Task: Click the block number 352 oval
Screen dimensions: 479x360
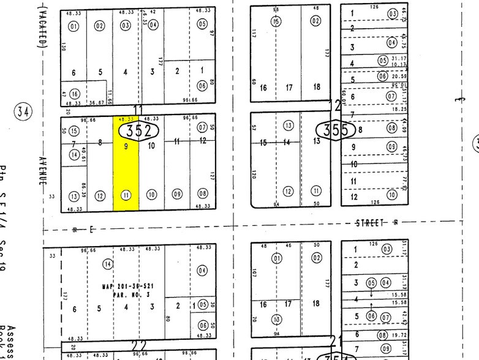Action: point(139,130)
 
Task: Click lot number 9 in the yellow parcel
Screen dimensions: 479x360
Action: point(126,147)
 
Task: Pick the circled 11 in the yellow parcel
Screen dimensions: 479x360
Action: point(126,195)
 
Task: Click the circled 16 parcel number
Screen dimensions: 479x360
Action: point(75,94)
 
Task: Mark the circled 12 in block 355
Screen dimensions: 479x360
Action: point(289,192)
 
